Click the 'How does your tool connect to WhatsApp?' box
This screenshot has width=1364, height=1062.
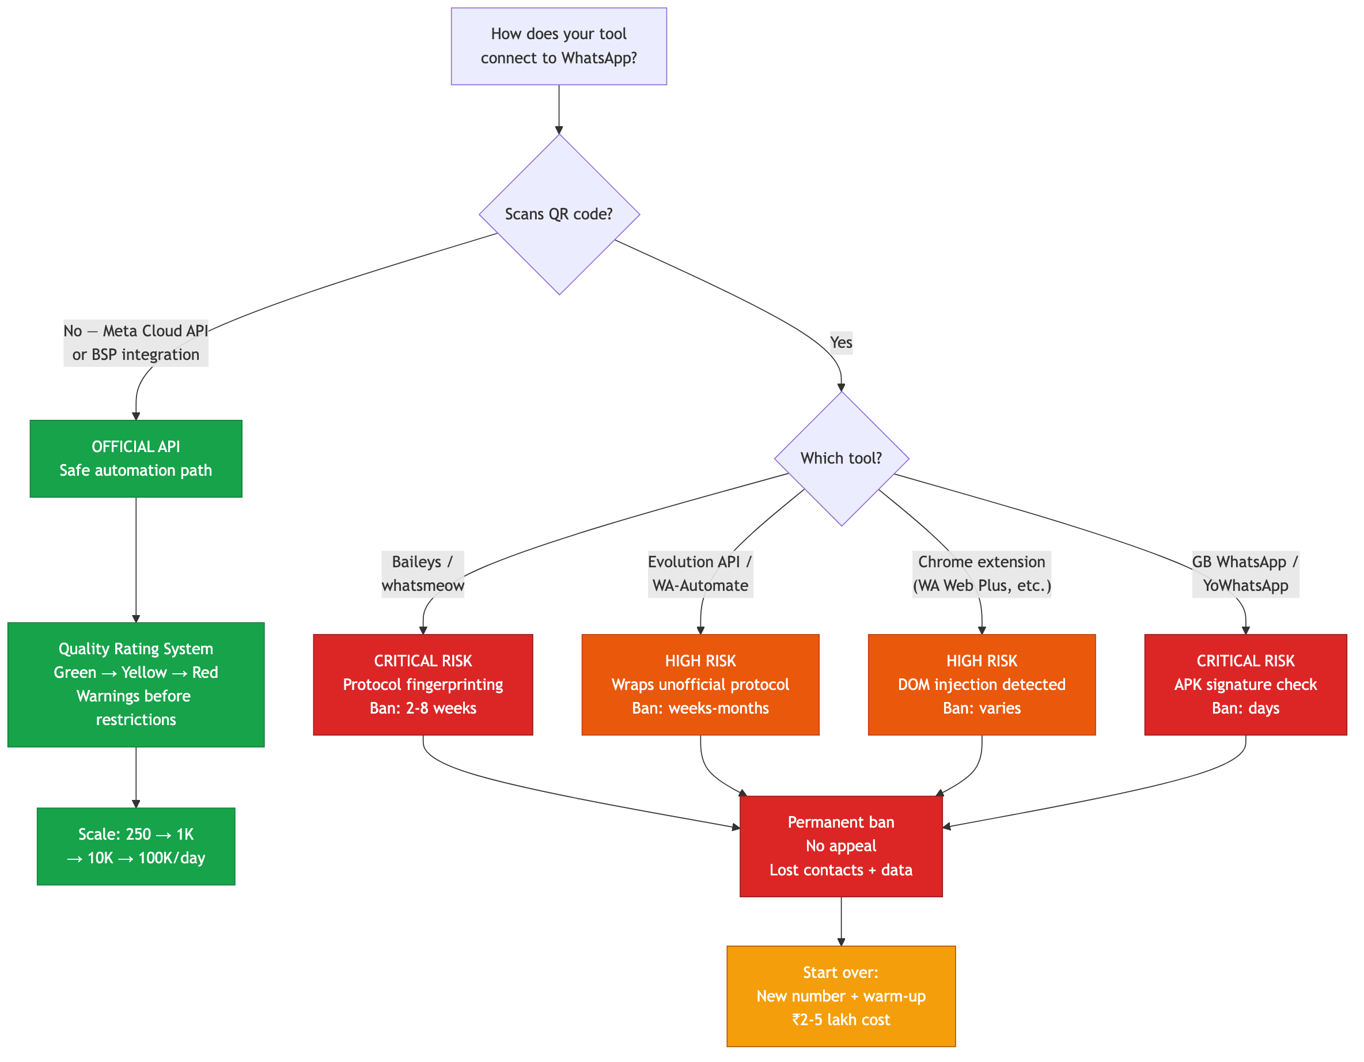click(x=558, y=46)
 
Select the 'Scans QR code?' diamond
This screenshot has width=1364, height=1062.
click(x=559, y=214)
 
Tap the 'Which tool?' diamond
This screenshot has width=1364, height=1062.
click(x=840, y=458)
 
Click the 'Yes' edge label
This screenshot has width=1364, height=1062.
click(x=840, y=342)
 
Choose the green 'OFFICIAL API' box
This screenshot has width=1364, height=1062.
click(x=135, y=458)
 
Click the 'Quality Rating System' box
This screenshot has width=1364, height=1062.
click(x=135, y=684)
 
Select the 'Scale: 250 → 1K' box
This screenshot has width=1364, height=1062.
click(x=135, y=846)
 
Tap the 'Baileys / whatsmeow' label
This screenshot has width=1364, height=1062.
click(x=423, y=574)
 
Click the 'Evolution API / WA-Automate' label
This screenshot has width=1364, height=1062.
click(x=700, y=574)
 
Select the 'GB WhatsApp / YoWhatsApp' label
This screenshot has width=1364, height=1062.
click(x=1245, y=574)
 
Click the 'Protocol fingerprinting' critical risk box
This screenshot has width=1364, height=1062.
click(x=423, y=684)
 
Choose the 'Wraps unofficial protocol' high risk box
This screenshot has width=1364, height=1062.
click(x=700, y=684)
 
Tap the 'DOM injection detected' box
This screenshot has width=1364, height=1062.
click(x=981, y=684)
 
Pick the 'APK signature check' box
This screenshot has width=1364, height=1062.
click(x=1245, y=684)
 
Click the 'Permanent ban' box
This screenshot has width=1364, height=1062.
click(x=840, y=846)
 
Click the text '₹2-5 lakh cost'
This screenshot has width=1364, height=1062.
click(x=840, y=1019)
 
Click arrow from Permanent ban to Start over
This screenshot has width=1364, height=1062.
click(x=840, y=921)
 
